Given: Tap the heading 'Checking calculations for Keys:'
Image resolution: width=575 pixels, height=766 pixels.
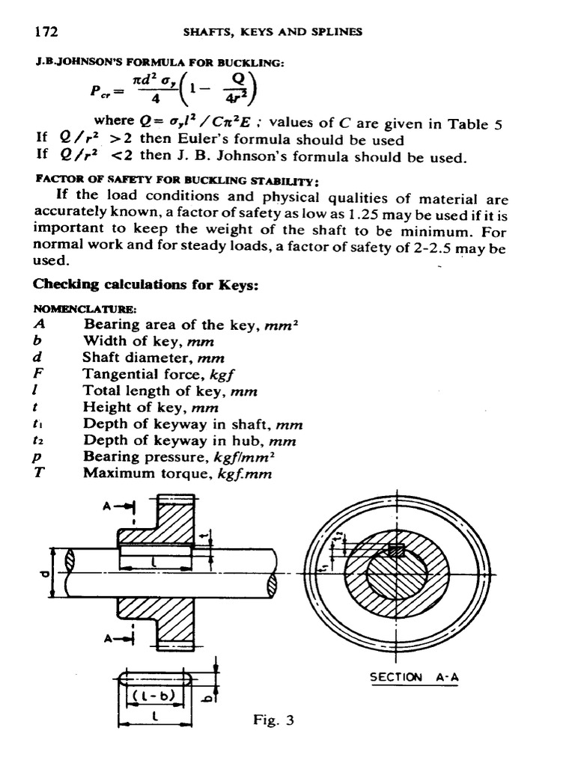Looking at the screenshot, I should pos(135,285).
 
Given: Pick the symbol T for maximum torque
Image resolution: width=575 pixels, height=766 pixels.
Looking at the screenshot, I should pos(40,473).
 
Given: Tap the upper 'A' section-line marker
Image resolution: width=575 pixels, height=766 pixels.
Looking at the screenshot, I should pos(110,504).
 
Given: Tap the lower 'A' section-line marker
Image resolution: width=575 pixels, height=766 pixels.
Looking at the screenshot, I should pos(110,638).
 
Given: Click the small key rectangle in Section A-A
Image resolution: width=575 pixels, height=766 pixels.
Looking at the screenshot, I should pos(395,551).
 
